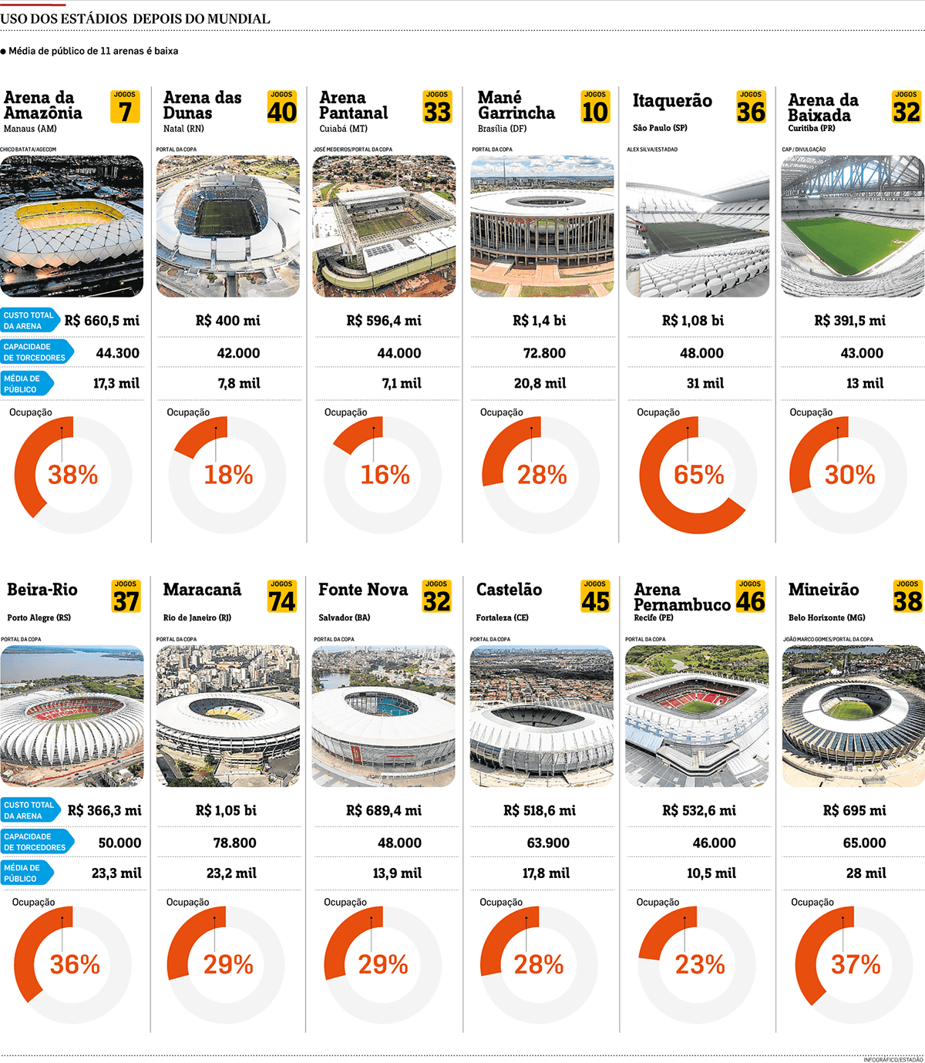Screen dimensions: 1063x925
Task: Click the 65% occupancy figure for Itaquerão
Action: click(698, 475)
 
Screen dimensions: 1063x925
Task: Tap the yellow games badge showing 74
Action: click(281, 597)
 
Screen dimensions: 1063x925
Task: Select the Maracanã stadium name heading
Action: click(202, 590)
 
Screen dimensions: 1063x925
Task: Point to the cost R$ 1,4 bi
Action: click(539, 321)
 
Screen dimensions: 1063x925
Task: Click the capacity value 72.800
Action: click(544, 353)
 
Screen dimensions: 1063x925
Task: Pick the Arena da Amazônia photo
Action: click(72, 226)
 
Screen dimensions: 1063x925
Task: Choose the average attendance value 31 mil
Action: click(705, 383)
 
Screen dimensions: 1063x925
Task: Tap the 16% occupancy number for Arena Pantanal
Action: click(385, 475)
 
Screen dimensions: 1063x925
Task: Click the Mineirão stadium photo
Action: click(853, 715)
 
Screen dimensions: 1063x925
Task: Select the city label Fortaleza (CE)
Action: click(502, 617)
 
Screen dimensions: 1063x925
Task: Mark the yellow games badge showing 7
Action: click(125, 107)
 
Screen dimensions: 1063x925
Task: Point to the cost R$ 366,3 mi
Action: click(104, 810)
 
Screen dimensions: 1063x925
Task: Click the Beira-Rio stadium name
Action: click(42, 590)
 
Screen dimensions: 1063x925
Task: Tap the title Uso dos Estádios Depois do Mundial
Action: click(135, 19)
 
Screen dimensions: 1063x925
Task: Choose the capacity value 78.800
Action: click(234, 843)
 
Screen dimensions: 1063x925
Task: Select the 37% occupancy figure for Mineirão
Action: click(855, 964)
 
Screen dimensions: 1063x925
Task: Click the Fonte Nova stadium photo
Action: click(384, 715)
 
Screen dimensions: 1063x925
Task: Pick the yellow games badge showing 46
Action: click(750, 597)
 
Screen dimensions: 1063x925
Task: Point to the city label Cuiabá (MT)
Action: click(343, 129)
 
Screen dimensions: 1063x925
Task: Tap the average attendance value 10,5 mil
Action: click(711, 873)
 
